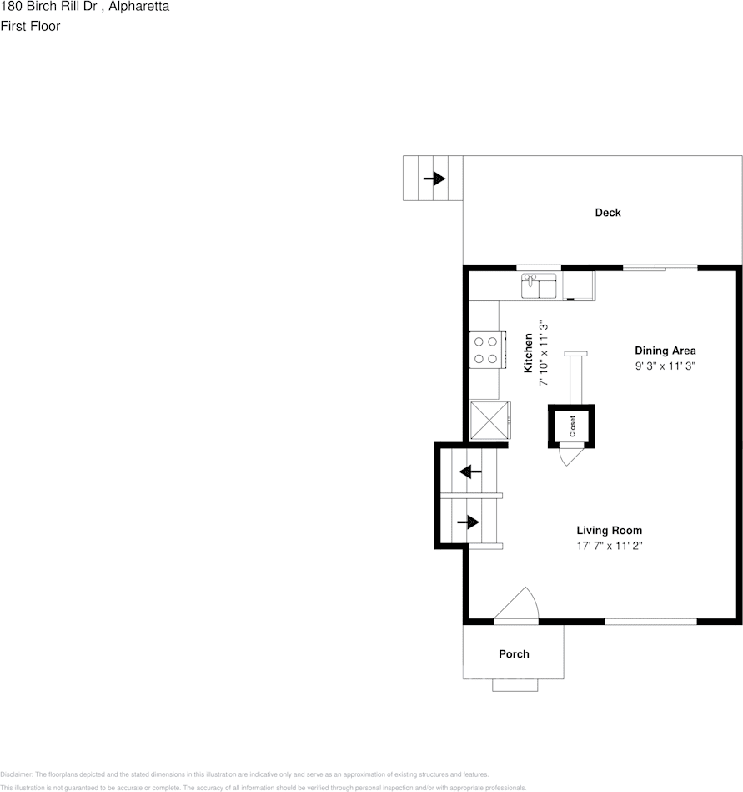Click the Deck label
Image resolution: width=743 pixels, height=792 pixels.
coord(607,213)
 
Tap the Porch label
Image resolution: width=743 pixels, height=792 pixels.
coord(514,654)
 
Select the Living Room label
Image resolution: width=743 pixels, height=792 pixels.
coord(609,531)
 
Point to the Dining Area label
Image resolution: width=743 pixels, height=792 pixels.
coord(665,351)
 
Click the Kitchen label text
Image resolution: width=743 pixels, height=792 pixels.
coord(528,352)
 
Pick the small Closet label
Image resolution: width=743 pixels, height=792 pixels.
coord(572,426)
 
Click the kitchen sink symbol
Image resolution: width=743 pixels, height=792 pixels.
coord(540,286)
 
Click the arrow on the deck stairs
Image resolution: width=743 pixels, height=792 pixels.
coord(434,179)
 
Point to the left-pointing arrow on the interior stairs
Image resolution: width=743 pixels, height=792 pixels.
coord(471,472)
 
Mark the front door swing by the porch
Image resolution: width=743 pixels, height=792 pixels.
coord(520,604)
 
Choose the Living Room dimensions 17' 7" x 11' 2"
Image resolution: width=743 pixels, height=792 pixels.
coord(609,546)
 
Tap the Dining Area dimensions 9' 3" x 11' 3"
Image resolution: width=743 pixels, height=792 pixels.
coord(665,366)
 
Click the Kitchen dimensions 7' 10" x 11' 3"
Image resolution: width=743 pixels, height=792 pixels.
coord(542,352)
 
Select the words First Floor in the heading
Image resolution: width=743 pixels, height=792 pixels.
coord(30,26)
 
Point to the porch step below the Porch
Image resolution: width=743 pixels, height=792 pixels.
coord(515,685)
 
